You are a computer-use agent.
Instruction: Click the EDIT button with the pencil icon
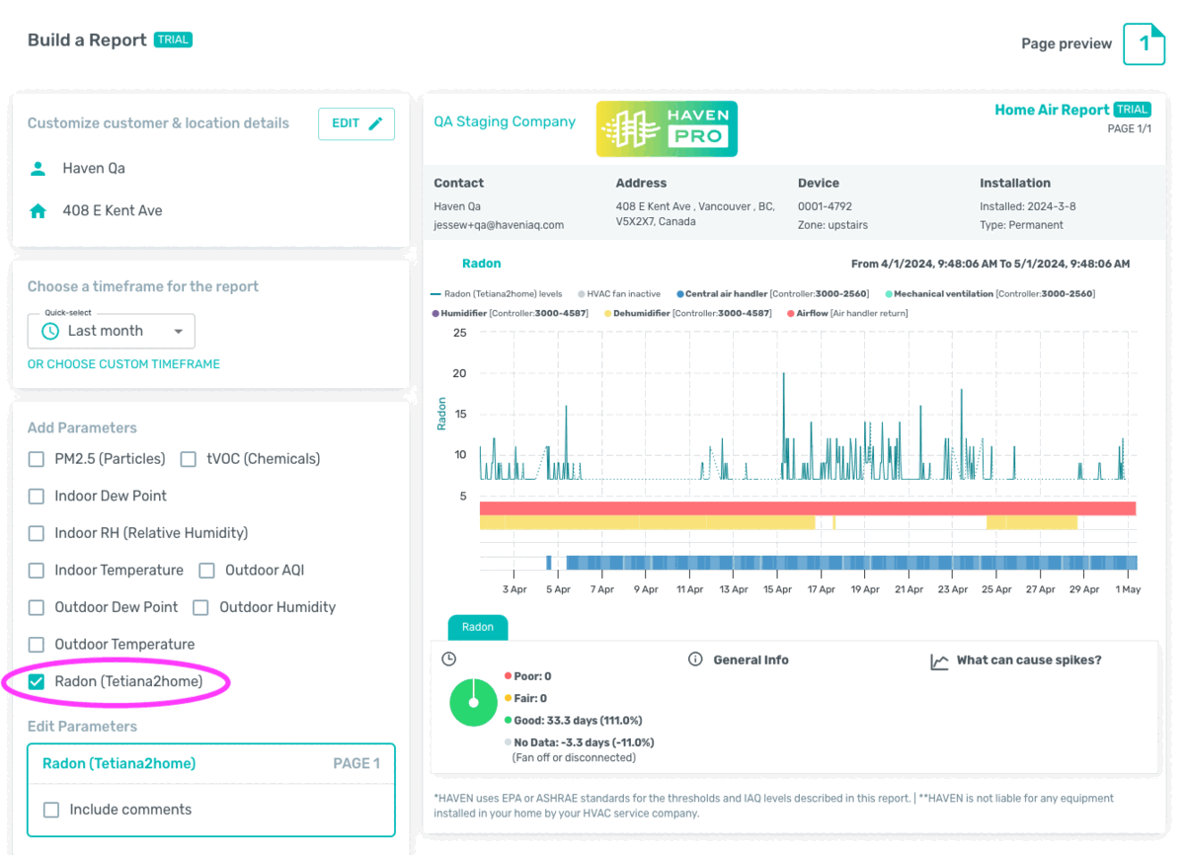pyautogui.click(x=356, y=123)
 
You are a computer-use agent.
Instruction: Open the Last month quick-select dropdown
pyautogui.click(x=111, y=331)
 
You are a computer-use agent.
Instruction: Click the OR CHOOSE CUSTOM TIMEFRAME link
pyautogui.click(x=123, y=364)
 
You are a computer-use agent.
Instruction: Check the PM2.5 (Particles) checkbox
pyautogui.click(x=36, y=459)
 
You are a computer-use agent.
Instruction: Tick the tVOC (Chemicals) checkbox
pyautogui.click(x=189, y=459)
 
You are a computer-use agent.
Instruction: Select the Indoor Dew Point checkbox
pyautogui.click(x=36, y=496)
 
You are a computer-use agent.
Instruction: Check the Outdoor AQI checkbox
pyautogui.click(x=206, y=571)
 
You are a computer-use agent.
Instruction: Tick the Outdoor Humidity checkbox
pyautogui.click(x=200, y=607)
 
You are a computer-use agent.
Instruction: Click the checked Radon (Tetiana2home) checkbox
pyautogui.click(x=36, y=681)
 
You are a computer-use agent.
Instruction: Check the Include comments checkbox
pyautogui.click(x=51, y=810)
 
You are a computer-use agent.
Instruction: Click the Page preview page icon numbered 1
pyautogui.click(x=1144, y=43)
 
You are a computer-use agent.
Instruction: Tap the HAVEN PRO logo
pyautogui.click(x=667, y=129)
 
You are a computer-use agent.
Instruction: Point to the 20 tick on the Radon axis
pyautogui.click(x=459, y=373)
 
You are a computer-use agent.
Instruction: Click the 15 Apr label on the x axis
pyautogui.click(x=777, y=589)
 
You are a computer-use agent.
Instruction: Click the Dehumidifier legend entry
pyautogui.click(x=687, y=314)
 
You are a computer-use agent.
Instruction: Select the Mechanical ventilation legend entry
pyautogui.click(x=990, y=294)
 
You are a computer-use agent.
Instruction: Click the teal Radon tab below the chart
pyautogui.click(x=478, y=627)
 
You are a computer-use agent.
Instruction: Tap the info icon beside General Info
pyautogui.click(x=695, y=660)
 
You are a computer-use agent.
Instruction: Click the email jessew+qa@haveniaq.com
pyautogui.click(x=499, y=225)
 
